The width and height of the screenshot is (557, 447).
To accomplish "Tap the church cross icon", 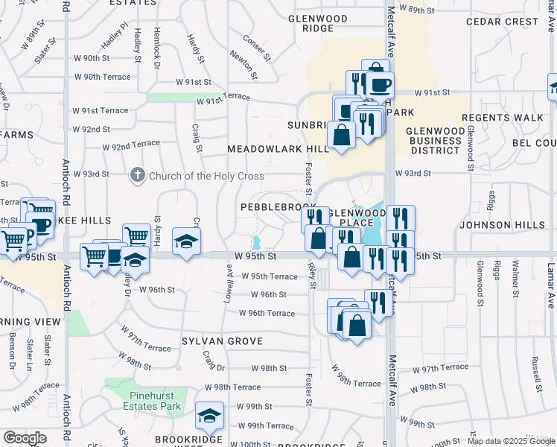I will click(136, 176).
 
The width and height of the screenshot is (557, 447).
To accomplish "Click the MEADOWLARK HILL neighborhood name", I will click(278, 150).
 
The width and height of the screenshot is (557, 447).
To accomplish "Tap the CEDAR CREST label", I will click(501, 22).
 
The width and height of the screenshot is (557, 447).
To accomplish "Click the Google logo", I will click(25, 437).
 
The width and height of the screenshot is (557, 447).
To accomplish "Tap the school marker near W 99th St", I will click(209, 416).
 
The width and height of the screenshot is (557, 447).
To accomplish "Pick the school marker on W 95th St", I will click(186, 241).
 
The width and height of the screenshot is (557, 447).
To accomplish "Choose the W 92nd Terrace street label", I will click(131, 144).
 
